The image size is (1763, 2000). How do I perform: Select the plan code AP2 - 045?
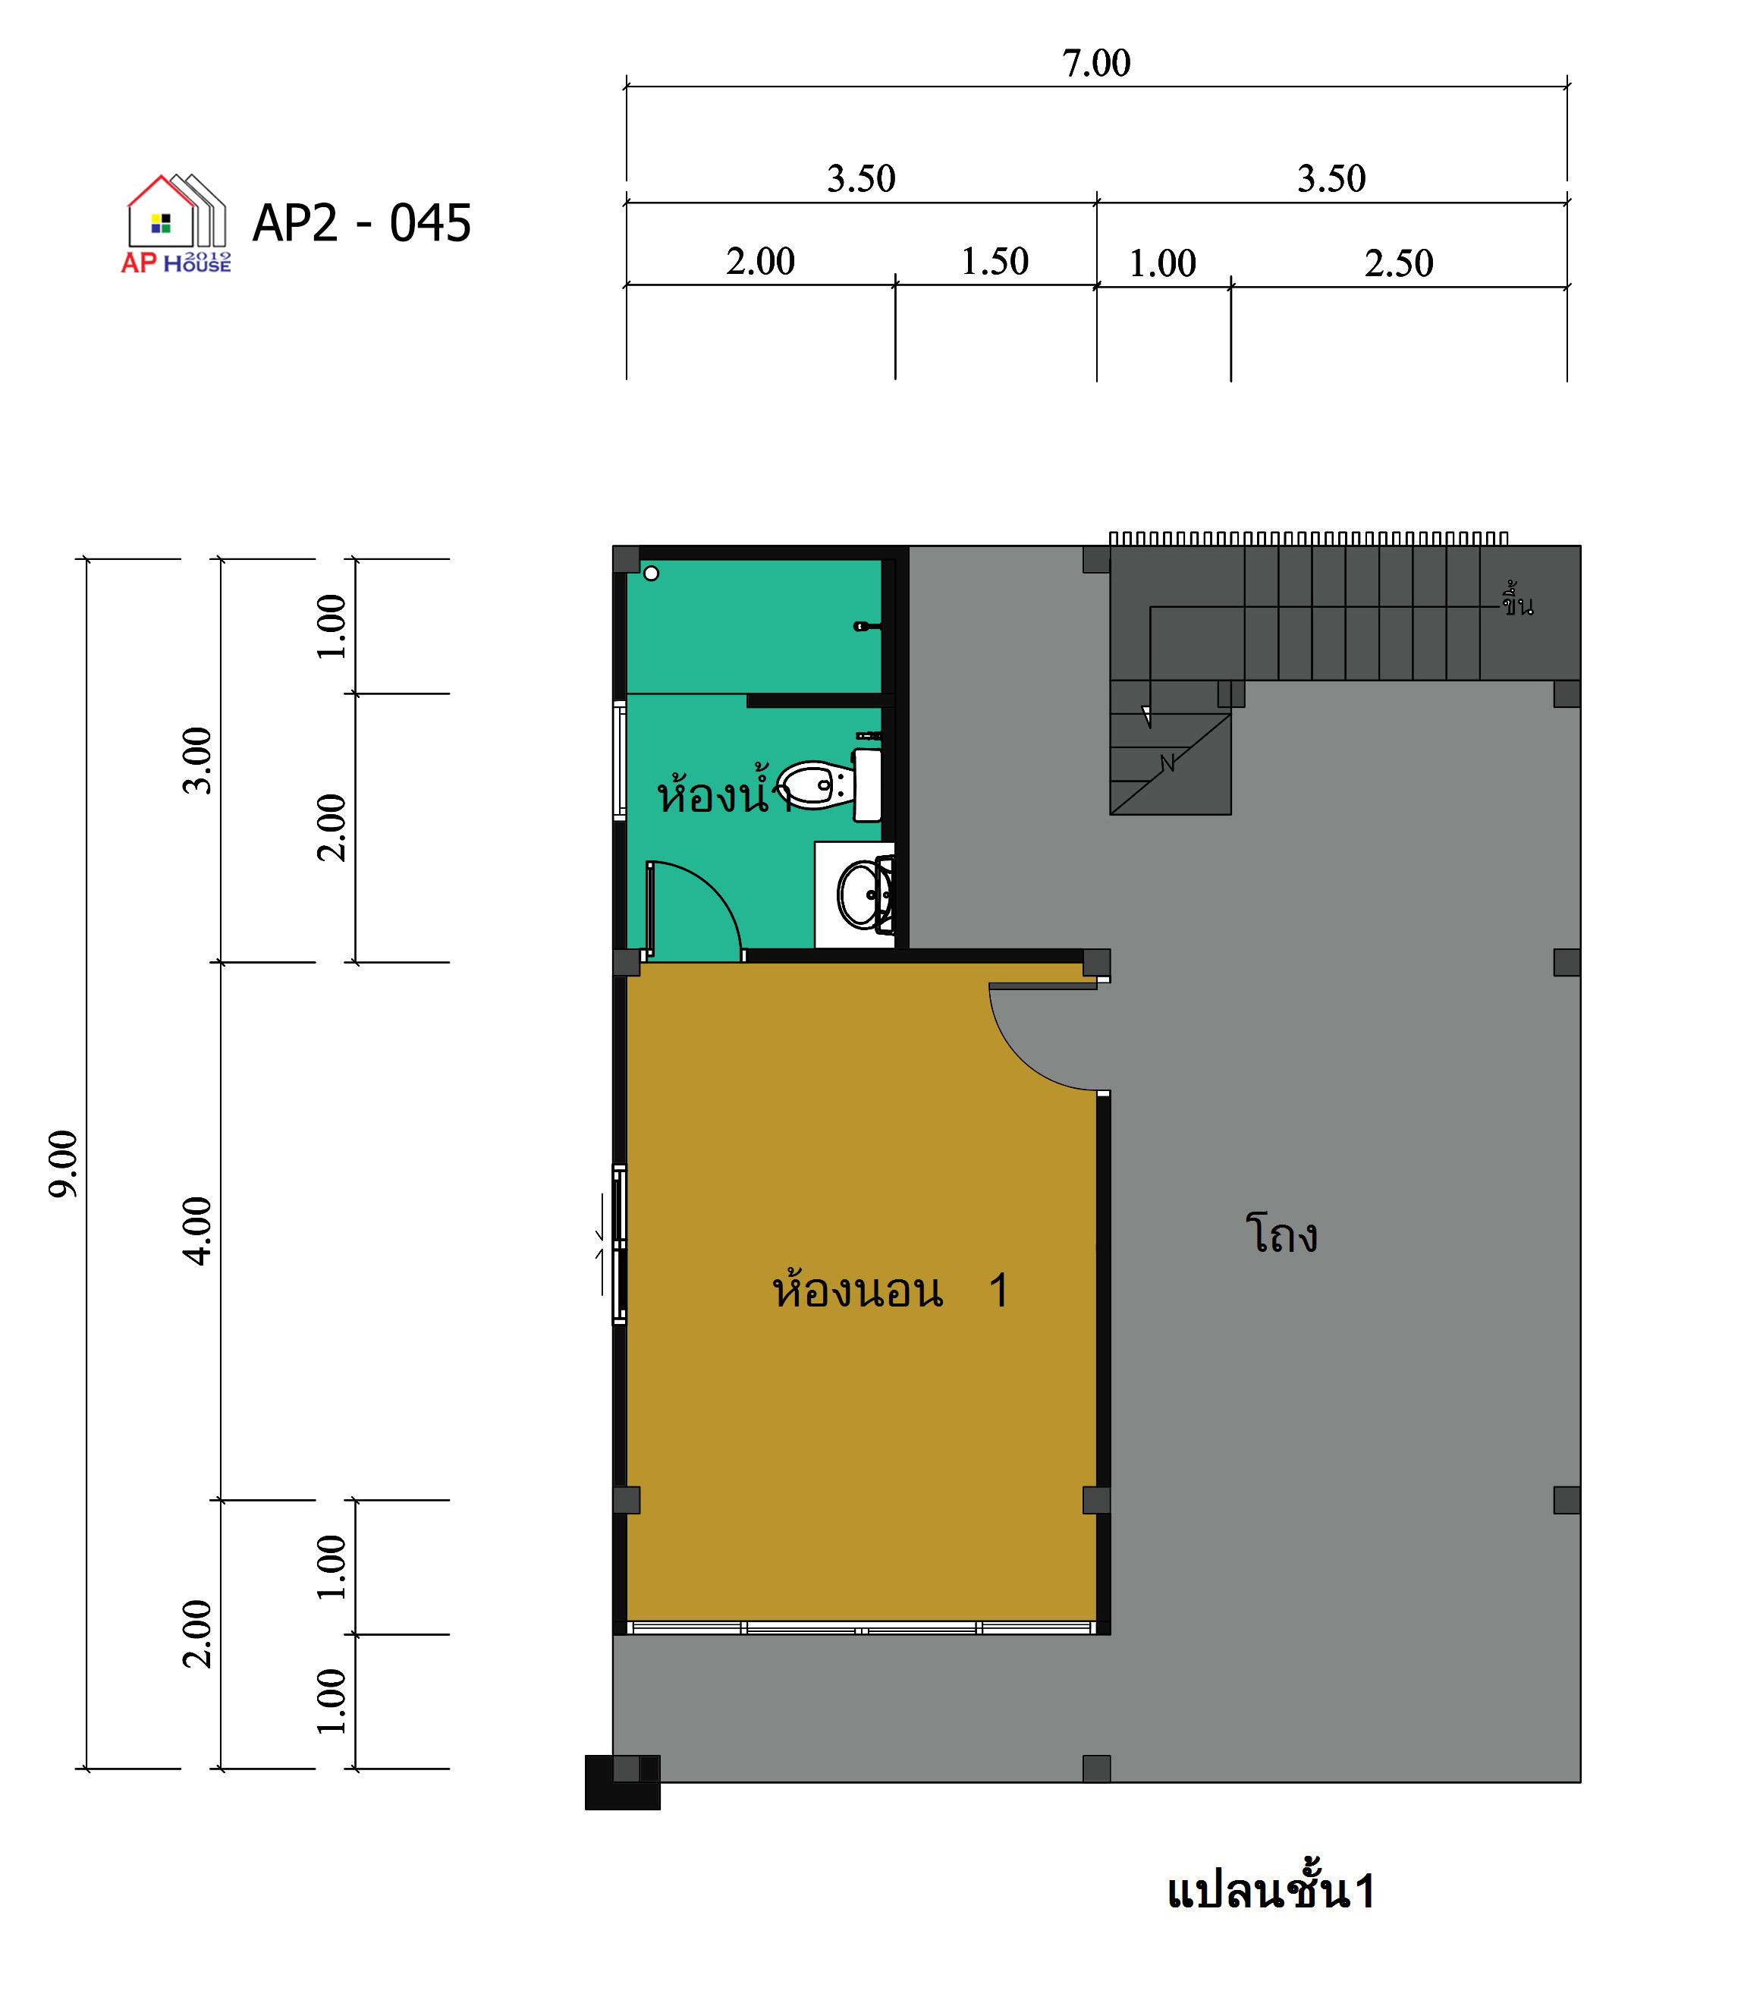coord(362,223)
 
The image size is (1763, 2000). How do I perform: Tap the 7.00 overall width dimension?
coord(1097,64)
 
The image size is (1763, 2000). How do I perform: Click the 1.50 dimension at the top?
coord(995,261)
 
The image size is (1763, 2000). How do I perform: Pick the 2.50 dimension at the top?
coord(1399,263)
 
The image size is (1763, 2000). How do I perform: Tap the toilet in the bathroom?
coord(830,785)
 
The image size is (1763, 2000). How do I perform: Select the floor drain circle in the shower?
coord(652,574)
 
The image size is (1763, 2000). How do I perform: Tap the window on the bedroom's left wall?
coord(619,1244)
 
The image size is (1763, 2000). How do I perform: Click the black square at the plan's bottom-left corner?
coord(622,1783)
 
